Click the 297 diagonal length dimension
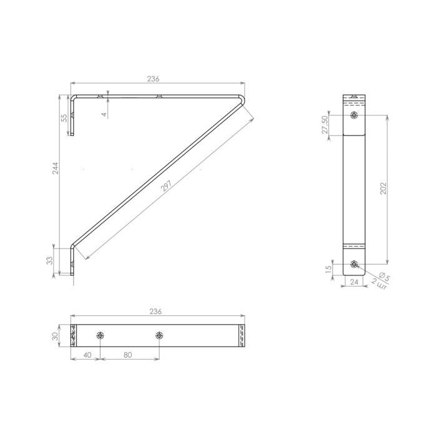pos(167,186)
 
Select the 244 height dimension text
pos(56,168)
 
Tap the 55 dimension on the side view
pos(64,118)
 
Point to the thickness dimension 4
pos(104,114)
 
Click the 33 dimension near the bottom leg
pos(49,260)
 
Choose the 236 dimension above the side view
pos(154,79)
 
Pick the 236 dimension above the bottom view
pos(155,312)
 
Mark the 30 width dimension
pos(56,336)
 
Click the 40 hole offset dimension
pos(87,355)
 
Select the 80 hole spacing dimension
pos(127,355)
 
